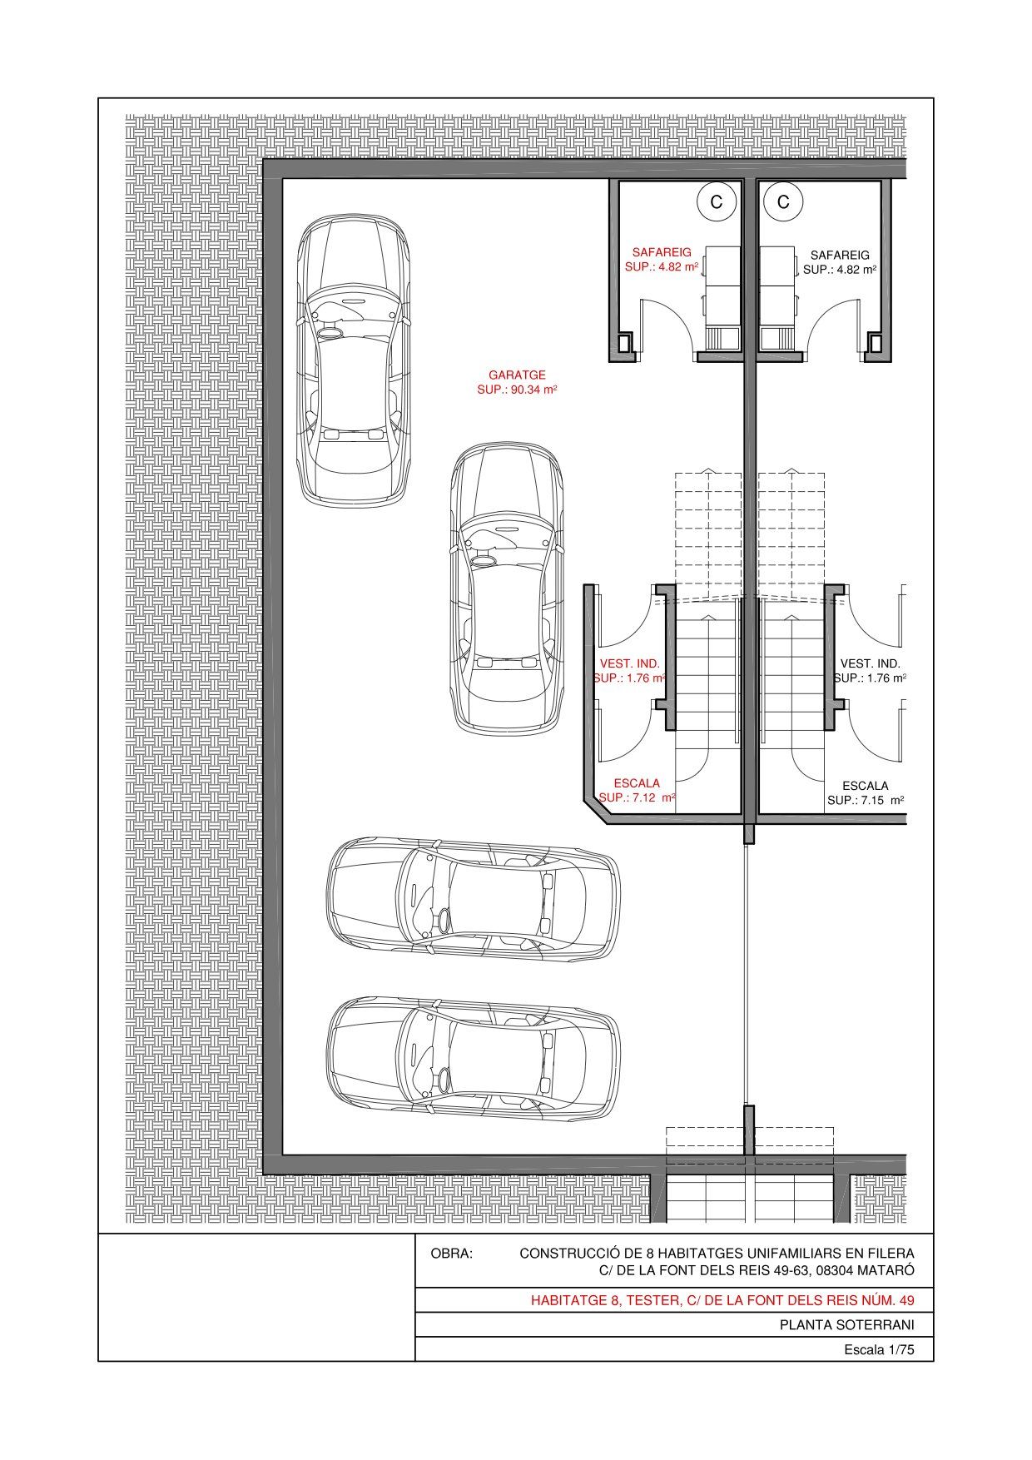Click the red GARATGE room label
(x=517, y=375)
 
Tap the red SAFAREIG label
(x=662, y=252)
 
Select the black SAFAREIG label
(x=840, y=255)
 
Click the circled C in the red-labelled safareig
(x=716, y=202)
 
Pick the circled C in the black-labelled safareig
(x=783, y=202)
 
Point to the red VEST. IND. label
(x=630, y=663)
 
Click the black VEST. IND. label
(x=871, y=663)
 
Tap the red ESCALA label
(x=637, y=783)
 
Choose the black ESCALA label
(x=866, y=785)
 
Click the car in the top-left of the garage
(x=354, y=361)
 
